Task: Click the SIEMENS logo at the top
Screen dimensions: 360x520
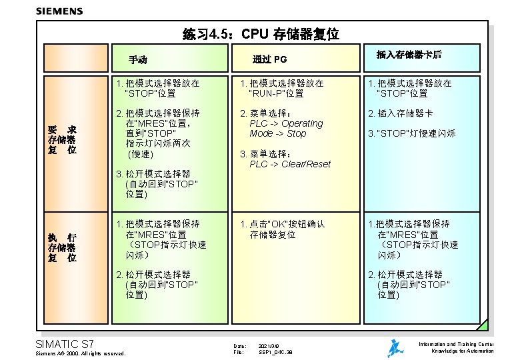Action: click(x=59, y=11)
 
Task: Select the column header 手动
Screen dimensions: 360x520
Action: click(x=138, y=60)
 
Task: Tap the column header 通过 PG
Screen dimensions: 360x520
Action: click(x=269, y=60)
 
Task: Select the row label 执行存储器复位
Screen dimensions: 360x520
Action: click(x=61, y=247)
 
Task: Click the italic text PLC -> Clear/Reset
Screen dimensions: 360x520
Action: click(x=289, y=164)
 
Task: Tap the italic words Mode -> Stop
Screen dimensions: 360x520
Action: click(x=278, y=133)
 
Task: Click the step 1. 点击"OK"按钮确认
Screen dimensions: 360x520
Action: click(x=283, y=224)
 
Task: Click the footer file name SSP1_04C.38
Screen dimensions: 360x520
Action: click(x=275, y=351)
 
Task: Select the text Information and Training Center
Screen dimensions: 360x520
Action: click(x=456, y=344)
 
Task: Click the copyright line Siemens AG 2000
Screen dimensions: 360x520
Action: click(x=79, y=353)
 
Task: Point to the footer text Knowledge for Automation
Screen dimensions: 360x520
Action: click(x=463, y=351)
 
